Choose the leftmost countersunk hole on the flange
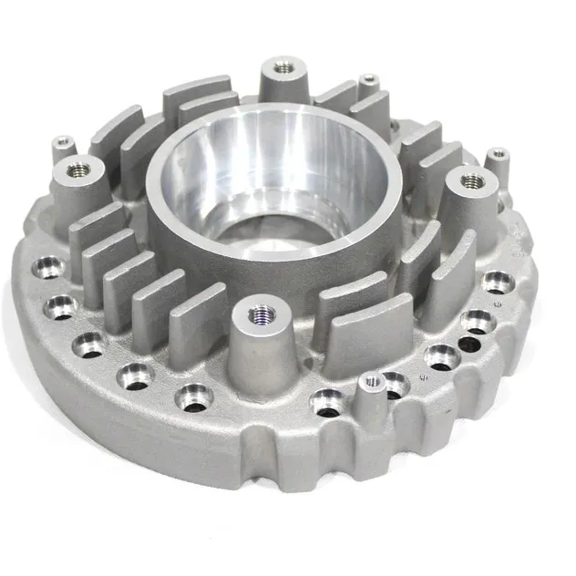(x=47, y=268)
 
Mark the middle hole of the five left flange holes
(x=90, y=344)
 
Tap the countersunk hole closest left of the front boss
(x=194, y=396)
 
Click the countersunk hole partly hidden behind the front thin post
(x=394, y=383)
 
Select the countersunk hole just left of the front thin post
(x=325, y=398)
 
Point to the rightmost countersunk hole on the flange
(x=498, y=281)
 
